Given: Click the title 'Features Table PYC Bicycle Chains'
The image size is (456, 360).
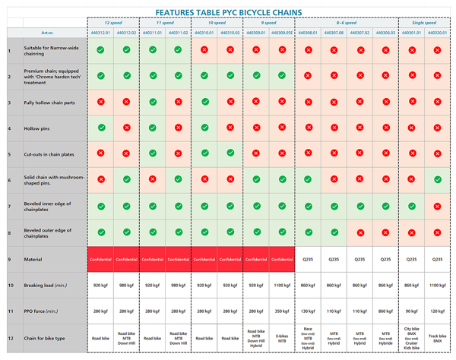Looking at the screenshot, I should coord(228,12).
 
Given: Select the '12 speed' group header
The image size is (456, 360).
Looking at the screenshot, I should coord(113,23).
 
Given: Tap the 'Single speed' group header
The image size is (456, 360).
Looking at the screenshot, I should coord(423,23).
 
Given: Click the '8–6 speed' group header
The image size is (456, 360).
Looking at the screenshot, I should coord(346,23).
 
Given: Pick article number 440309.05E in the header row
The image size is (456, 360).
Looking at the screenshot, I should coord(282,33).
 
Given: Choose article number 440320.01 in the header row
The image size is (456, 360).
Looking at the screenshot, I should coord(437,33).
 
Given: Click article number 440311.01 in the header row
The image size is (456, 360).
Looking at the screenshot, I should coord(153,33).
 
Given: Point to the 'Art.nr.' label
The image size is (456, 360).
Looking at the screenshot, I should coord(48,33).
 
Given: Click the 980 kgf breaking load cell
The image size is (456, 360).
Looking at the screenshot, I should coord(127,286).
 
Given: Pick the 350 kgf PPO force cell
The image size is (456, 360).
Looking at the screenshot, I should coord(282,311).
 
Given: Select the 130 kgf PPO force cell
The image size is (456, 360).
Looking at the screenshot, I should coord(308,311).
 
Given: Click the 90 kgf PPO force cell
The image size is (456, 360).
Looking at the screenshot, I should coord(411,311).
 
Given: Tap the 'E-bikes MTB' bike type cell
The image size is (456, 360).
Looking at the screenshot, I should coord(282,338).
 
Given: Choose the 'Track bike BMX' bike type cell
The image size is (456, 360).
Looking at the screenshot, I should coord(437,338).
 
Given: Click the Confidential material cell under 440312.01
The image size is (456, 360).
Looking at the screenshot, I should coord(101,260).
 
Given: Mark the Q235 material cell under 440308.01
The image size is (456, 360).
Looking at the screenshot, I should coord(308,260).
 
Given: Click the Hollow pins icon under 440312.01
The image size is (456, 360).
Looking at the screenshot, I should coord(101,128).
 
